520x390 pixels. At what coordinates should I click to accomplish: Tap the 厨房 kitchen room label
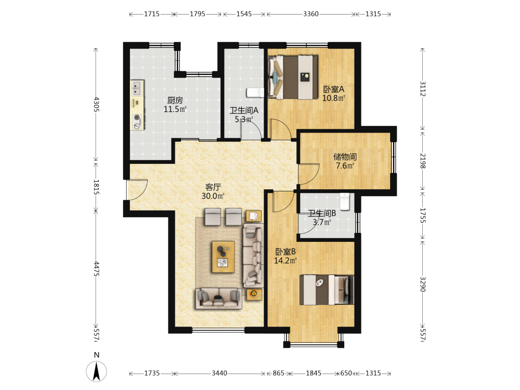point(175,100)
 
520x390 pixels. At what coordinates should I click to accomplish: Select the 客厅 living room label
point(213,187)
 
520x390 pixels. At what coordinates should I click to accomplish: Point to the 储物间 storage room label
point(345,157)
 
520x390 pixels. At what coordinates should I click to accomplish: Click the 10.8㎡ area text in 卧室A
point(334,98)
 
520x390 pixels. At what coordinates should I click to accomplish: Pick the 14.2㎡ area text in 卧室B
point(285,261)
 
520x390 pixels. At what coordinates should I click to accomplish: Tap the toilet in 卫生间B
point(345,201)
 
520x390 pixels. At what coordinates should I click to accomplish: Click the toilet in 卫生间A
point(255,93)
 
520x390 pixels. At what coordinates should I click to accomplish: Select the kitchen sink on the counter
point(137,88)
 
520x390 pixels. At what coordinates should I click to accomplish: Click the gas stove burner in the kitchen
point(136,117)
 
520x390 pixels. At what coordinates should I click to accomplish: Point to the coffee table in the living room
point(223,257)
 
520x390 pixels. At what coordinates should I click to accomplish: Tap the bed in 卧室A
point(292,77)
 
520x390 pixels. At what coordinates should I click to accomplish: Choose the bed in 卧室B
point(327,290)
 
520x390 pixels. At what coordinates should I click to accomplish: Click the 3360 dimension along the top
point(311,14)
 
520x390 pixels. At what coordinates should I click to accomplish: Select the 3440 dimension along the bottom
point(219,373)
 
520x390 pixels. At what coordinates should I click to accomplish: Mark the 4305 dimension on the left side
point(96,104)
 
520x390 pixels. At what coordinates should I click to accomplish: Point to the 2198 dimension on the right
point(422,161)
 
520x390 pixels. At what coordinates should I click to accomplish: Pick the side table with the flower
point(254,294)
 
